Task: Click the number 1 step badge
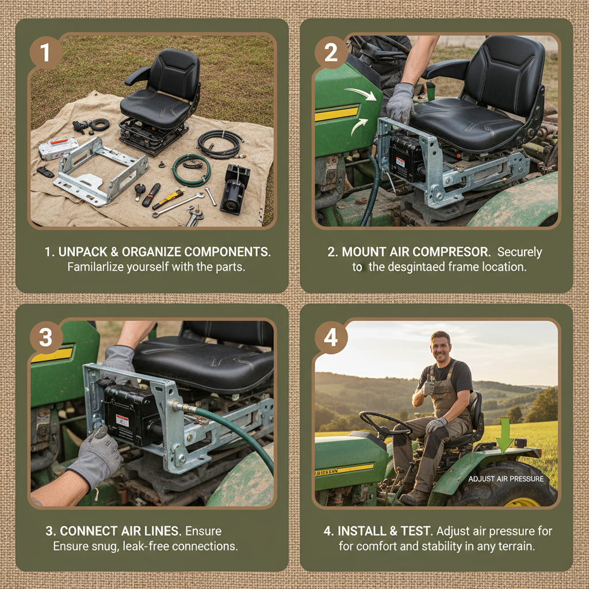click(x=46, y=53)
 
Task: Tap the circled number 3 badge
click(x=46, y=338)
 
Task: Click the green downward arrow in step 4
click(x=504, y=435)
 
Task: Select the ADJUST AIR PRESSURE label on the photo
click(x=506, y=479)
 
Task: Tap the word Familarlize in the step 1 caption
click(x=98, y=267)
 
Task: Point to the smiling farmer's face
click(x=441, y=347)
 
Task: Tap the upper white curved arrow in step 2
click(x=362, y=94)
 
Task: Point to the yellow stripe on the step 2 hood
click(x=336, y=113)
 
